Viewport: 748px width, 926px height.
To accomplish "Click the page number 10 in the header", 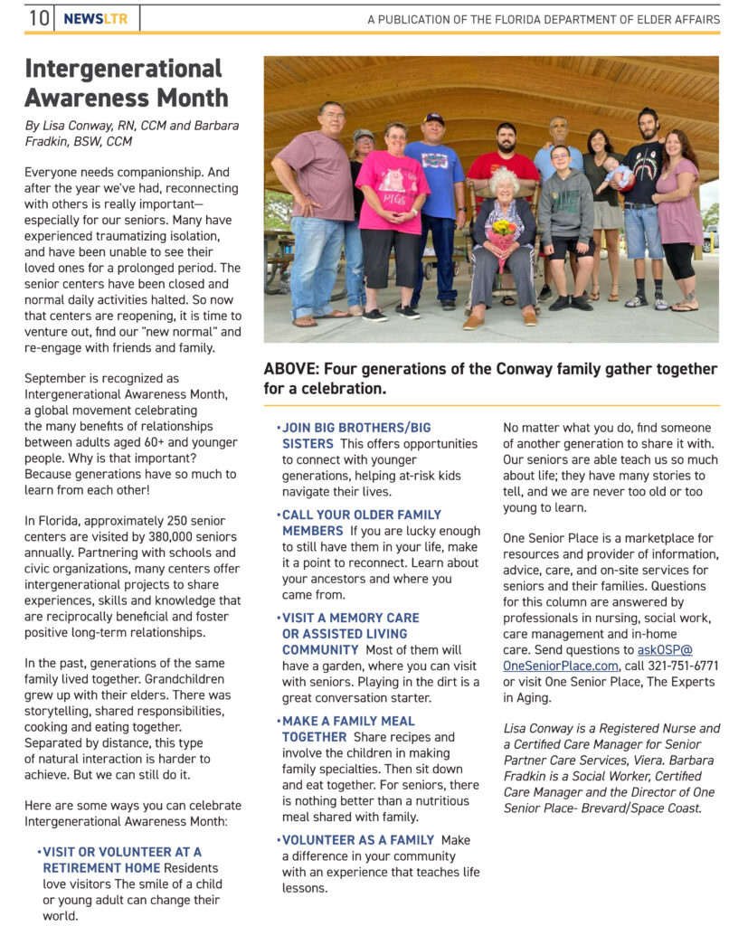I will point(39,18).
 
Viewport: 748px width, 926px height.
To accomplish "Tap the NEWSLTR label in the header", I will point(96,18).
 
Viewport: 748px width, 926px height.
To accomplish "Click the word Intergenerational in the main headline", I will point(123,69).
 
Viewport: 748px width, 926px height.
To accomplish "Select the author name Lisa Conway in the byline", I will point(80,126).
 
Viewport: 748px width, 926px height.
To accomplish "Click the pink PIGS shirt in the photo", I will point(393,181).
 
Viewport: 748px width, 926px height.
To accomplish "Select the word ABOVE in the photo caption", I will point(290,369).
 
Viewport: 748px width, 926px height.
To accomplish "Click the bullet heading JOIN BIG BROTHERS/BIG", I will point(356,428).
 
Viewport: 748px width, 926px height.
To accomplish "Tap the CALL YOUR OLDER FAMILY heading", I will point(362,515).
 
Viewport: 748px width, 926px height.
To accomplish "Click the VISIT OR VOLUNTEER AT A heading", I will point(122,852).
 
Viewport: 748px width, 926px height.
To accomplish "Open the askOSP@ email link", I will point(662,650).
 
